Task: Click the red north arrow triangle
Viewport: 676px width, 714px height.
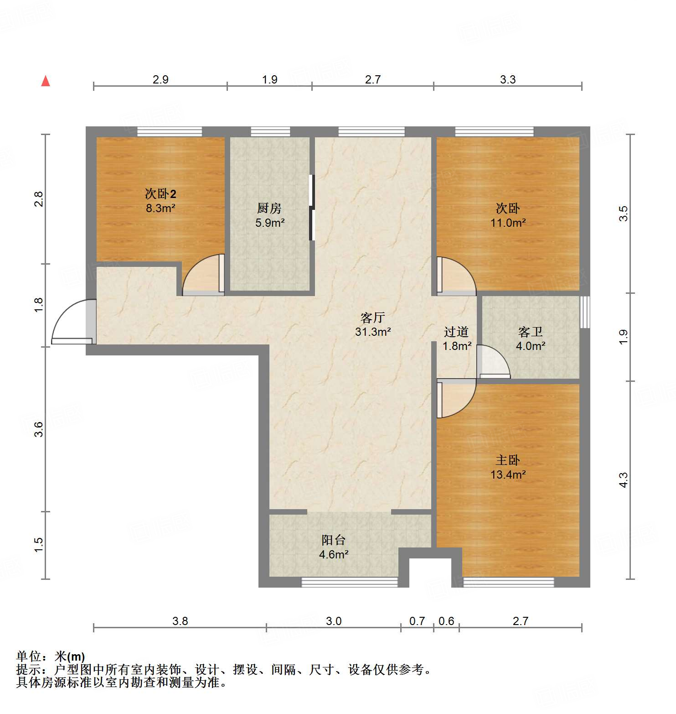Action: [x=46, y=81]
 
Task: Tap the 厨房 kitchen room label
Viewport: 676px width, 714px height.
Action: [x=269, y=208]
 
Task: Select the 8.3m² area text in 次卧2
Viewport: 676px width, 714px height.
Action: [x=160, y=208]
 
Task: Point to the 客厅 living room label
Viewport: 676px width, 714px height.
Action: [x=372, y=318]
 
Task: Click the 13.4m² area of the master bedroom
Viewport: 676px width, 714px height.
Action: [x=508, y=474]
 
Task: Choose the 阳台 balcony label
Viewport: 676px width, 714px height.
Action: [x=334, y=540]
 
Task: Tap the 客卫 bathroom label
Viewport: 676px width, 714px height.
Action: [x=530, y=332]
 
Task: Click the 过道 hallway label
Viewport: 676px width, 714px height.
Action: [x=456, y=332]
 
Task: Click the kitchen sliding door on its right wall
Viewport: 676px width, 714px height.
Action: [x=312, y=208]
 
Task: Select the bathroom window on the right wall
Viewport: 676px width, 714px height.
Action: [x=584, y=312]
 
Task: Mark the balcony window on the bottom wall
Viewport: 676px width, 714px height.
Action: [x=350, y=582]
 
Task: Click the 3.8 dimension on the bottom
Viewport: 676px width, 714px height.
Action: [x=180, y=621]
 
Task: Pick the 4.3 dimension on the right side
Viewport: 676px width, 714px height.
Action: [x=623, y=480]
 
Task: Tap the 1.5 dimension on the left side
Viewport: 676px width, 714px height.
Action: [x=39, y=545]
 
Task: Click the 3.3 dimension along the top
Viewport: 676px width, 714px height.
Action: [x=507, y=79]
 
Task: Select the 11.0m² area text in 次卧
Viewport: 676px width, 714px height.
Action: [x=508, y=223]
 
